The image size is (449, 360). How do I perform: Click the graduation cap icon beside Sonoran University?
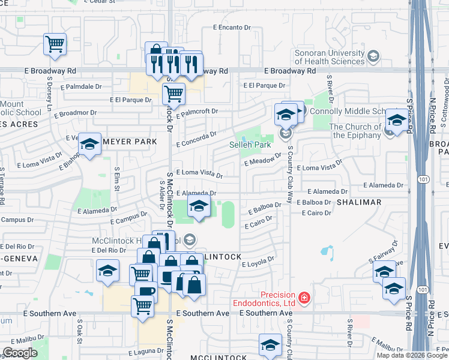[373, 57]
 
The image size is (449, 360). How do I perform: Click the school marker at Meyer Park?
[90, 145]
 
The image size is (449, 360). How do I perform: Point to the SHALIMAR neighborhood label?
[359, 202]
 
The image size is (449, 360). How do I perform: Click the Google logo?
[20, 353]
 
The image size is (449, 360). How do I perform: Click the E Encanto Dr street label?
[232, 28]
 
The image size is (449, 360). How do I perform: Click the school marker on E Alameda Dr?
[199, 206]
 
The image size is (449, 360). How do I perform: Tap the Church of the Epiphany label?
[355, 131]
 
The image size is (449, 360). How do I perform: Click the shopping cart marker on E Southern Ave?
[143, 305]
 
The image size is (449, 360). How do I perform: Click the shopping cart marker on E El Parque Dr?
[173, 93]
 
